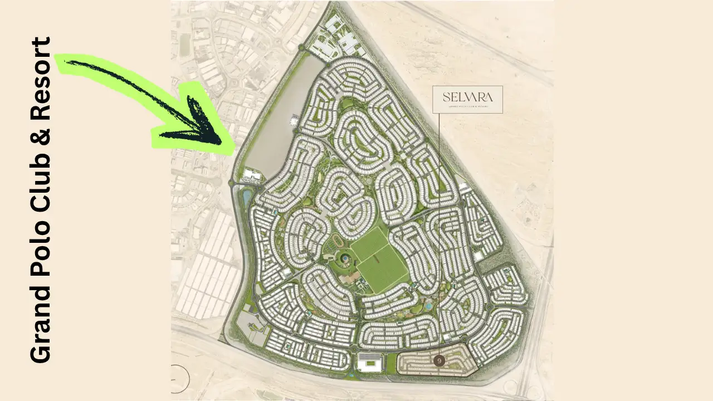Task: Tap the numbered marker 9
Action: pos(439,361)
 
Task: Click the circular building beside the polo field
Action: pos(344,258)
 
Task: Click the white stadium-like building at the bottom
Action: pos(368,363)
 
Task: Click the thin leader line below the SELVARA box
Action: pos(439,223)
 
